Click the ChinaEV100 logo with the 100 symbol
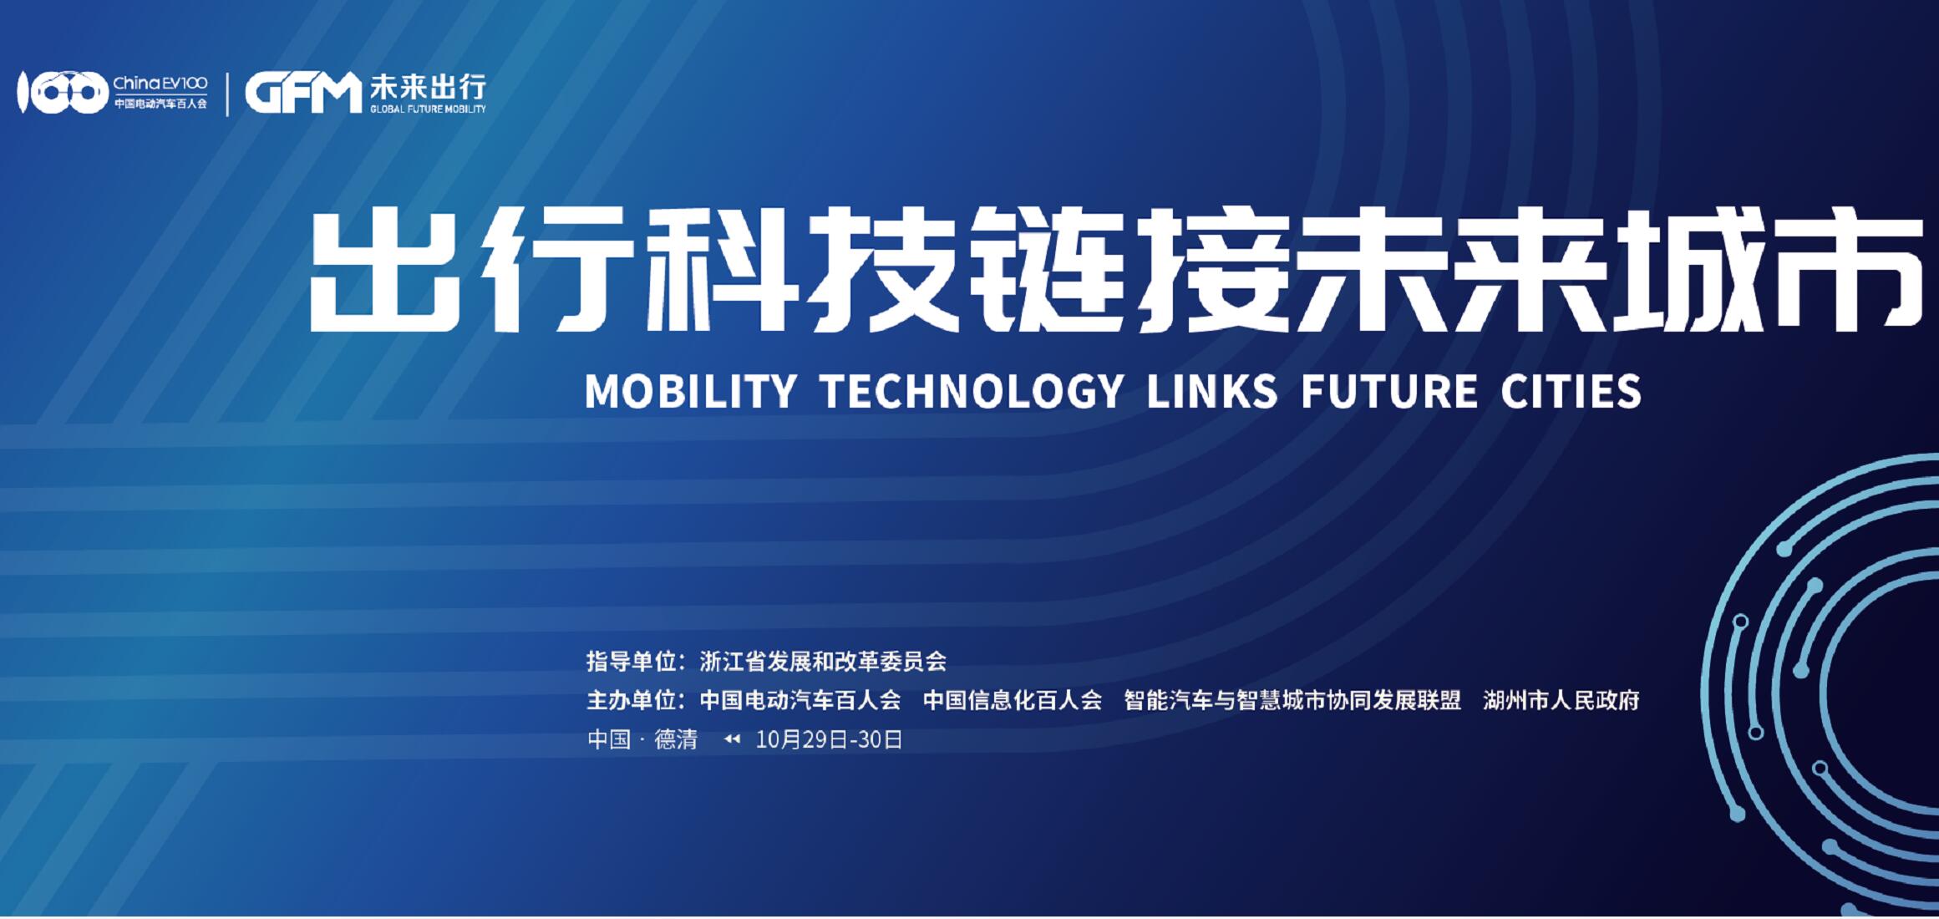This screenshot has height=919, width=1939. [x=112, y=92]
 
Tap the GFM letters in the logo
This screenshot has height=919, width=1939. [x=302, y=93]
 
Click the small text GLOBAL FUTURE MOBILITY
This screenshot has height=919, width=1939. [x=428, y=109]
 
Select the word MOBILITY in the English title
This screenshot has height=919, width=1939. [x=691, y=391]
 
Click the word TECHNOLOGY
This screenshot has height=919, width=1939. [x=972, y=391]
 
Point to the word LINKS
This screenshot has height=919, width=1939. [x=1212, y=391]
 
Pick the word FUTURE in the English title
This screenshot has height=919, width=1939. [x=1389, y=391]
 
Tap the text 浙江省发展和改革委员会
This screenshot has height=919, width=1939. [x=823, y=662]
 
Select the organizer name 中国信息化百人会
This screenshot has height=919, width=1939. [x=1013, y=700]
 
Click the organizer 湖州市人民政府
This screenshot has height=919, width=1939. [x=1561, y=700]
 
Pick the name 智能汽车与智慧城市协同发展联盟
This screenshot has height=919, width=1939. [x=1292, y=700]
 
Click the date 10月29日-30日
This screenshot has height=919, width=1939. [x=829, y=739]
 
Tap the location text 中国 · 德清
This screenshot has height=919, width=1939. [x=642, y=739]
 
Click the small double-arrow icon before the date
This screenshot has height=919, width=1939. [x=732, y=739]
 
